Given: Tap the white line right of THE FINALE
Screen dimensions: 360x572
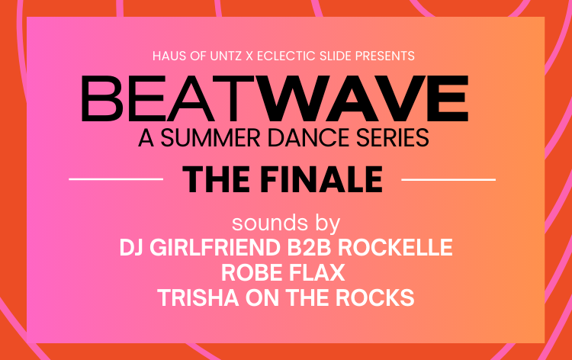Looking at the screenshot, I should point(448,179).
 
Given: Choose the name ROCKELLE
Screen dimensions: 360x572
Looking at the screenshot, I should point(403,248).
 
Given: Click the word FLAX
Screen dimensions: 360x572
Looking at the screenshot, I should point(321,272).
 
